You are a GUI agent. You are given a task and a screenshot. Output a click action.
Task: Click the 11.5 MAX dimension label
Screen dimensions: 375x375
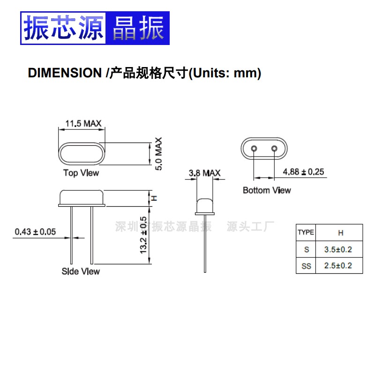(x=83, y=124)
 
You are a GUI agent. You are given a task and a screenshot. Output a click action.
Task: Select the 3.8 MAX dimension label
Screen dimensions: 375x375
(x=204, y=173)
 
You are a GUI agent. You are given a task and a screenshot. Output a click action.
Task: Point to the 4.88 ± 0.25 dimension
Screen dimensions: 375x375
(x=303, y=172)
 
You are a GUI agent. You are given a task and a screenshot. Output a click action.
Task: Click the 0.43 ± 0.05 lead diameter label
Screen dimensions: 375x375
(x=35, y=232)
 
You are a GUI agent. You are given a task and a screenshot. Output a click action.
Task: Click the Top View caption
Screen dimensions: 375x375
(x=81, y=173)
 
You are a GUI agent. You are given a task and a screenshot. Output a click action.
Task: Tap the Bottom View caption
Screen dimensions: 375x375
(x=266, y=190)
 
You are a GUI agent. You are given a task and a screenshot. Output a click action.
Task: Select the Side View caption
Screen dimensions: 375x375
(x=81, y=271)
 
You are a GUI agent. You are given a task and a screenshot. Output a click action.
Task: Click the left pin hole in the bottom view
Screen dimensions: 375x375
(x=254, y=149)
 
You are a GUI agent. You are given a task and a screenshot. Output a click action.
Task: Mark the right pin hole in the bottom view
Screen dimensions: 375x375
(x=274, y=149)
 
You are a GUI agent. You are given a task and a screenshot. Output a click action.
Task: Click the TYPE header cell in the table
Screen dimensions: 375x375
(x=306, y=232)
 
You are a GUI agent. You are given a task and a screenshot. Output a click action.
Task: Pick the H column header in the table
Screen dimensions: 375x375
(x=340, y=232)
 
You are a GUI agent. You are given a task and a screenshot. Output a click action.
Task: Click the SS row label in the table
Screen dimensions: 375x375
(x=306, y=266)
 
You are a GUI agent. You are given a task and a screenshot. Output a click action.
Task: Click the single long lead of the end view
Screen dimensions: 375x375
(x=205, y=244)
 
